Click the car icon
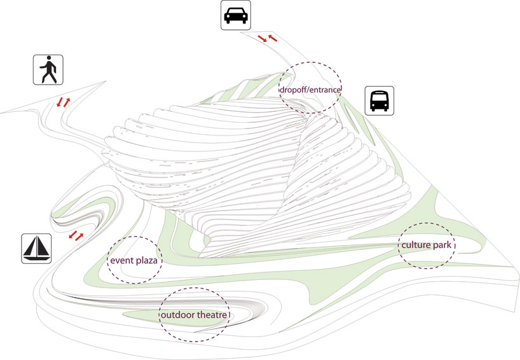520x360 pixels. [235, 15]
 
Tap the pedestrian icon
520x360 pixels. [49, 70]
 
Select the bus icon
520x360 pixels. [380, 100]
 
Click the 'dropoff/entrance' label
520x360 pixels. [311, 90]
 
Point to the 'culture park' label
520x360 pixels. [427, 245]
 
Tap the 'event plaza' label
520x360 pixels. [133, 261]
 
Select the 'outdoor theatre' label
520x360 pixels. [194, 315]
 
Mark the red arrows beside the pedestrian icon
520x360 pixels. [63, 102]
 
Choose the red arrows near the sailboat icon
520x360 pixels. [76, 236]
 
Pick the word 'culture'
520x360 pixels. [414, 245]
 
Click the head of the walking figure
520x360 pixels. [50, 60]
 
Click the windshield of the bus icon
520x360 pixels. [380, 98]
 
